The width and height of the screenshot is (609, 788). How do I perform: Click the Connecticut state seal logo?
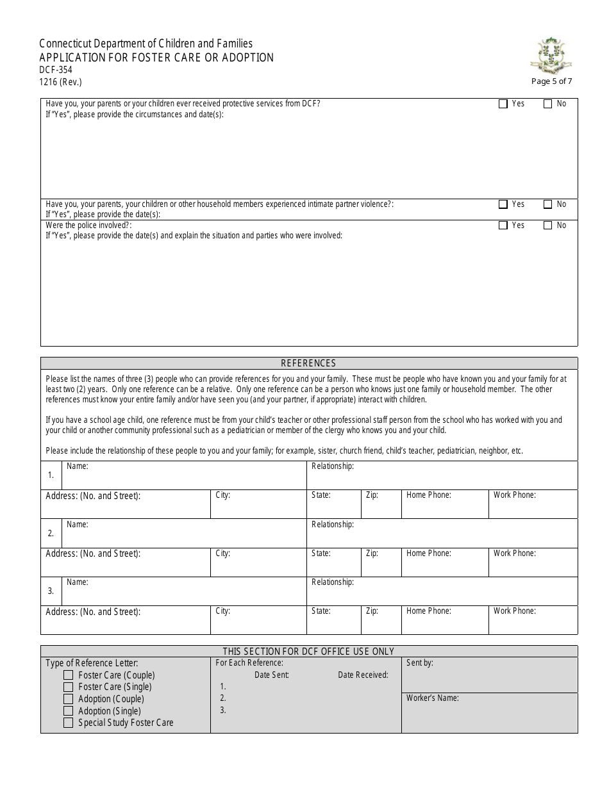[x=551, y=55]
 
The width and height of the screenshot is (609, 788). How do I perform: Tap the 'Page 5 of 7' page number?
[x=551, y=81]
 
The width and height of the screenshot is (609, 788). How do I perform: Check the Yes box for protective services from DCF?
[x=503, y=104]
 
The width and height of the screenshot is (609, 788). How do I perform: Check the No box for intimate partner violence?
[x=548, y=204]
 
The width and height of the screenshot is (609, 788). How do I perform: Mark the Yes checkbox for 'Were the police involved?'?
[x=503, y=226]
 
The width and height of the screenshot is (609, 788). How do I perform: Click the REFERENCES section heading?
[x=308, y=363]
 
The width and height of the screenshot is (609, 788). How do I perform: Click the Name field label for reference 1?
[x=78, y=466]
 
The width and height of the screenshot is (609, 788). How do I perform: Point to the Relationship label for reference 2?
[x=332, y=525]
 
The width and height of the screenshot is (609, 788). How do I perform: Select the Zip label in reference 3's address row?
[x=372, y=611]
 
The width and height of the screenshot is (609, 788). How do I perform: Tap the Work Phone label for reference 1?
[x=514, y=495]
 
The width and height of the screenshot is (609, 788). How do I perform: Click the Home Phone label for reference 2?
[x=428, y=554]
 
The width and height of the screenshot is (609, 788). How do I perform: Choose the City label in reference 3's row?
[x=222, y=611]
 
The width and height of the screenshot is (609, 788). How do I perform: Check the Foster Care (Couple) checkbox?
[x=68, y=675]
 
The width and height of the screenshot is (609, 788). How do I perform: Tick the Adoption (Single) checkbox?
[x=68, y=711]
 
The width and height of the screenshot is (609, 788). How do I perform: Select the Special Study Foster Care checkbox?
[x=68, y=723]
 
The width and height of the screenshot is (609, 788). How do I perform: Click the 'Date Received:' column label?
[x=363, y=675]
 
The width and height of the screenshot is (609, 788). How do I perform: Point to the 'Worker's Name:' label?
[x=432, y=698]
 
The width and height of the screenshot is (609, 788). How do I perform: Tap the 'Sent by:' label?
[x=419, y=663]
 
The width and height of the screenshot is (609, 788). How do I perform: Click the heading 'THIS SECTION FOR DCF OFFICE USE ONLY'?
[x=308, y=652]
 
